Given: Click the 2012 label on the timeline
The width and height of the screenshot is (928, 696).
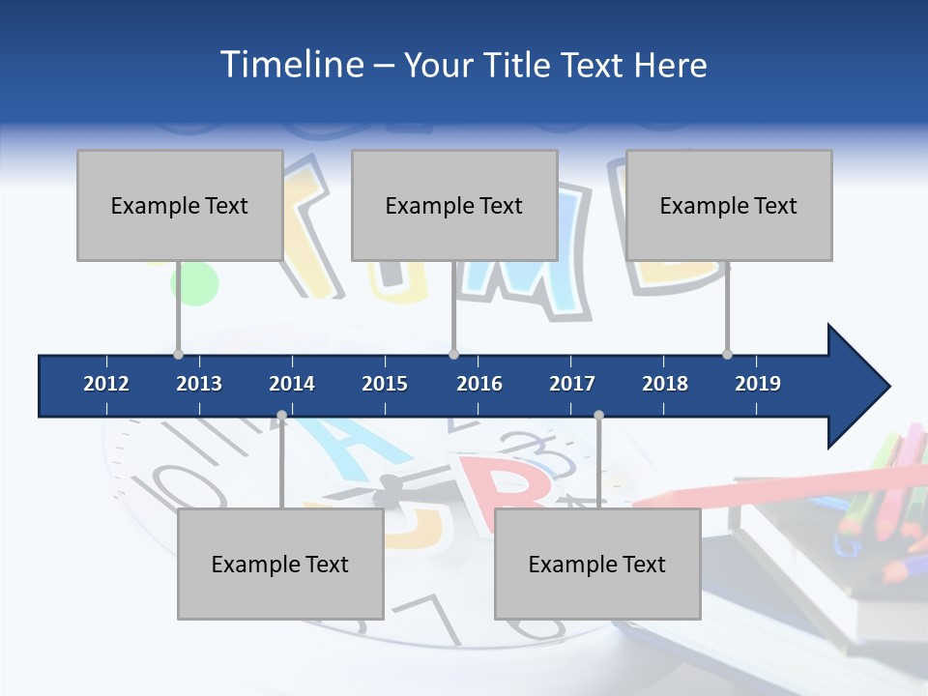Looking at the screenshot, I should coord(106,384).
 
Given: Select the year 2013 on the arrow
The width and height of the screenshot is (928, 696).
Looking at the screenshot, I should coord(199,384).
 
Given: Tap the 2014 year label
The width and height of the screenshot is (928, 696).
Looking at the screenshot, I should coord(292,384).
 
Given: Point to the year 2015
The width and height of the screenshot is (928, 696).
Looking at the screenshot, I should coord(385,384).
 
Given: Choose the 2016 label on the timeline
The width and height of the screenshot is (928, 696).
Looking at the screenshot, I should coord(479,384).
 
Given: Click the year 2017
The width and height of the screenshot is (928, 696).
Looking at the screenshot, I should coord(572,384).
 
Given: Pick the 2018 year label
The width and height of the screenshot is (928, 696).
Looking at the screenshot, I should coord(665,384).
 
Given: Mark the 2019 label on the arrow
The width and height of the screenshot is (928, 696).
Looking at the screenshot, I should coord(758,384).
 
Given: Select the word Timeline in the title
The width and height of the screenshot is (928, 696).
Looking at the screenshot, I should coord(290,65).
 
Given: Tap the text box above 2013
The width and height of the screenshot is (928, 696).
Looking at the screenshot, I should coord(180,205).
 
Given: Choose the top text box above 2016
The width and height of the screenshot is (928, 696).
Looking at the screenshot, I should coord(454,205).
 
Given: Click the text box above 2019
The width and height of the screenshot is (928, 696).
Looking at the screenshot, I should coord(729,205).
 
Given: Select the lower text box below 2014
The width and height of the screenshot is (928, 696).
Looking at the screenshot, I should coord(280,564).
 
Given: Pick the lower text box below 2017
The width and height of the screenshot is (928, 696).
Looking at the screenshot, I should coord(597,564).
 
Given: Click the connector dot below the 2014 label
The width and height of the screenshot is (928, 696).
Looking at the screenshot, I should coord(281,416).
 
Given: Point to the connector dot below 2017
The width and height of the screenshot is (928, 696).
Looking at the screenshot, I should coord(598,416).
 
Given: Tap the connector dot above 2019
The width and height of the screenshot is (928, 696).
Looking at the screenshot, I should coord(727,354).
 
